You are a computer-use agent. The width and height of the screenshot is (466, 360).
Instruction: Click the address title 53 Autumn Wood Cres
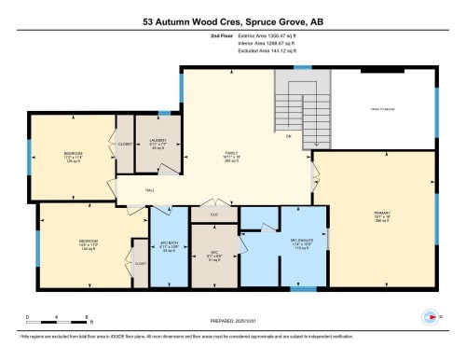(233, 19)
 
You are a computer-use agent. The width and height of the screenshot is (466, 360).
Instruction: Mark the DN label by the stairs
(288, 136)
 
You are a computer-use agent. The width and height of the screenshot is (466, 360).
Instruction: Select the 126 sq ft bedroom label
(73, 155)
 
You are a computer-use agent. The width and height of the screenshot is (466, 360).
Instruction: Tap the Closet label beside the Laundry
(125, 145)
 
